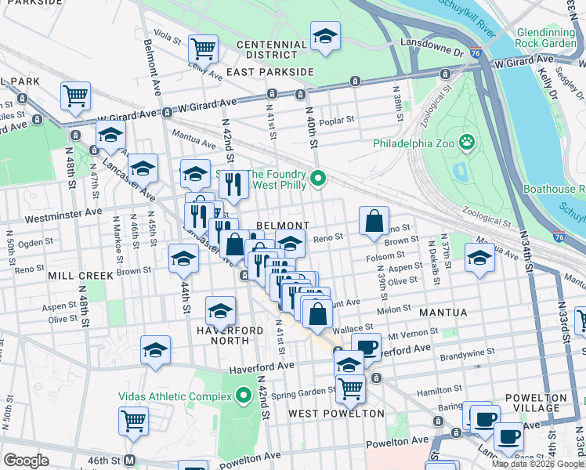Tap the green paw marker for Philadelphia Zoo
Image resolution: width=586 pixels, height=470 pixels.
click(468, 143)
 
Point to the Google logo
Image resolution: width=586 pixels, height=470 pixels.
click(26, 461)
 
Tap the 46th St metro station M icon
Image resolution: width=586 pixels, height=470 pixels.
click(131, 460)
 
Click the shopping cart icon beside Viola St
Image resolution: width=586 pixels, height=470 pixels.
click(203, 49)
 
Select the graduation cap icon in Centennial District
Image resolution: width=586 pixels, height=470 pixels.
click(326, 36)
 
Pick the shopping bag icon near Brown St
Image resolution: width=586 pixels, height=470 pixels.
click(374, 221)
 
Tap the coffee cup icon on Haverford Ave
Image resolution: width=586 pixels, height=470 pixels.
click(366, 347)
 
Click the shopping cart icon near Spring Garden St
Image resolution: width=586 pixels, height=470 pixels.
click(350, 388)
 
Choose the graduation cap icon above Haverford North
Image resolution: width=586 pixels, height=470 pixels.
click(221, 310)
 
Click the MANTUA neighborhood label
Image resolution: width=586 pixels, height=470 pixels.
click(443, 313)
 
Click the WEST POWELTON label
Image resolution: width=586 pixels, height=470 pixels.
click(336, 413)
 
